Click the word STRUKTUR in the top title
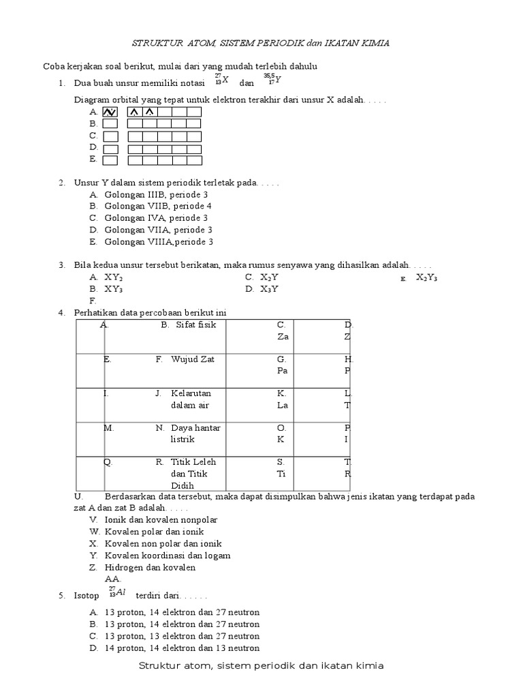pyautogui.click(x=157, y=43)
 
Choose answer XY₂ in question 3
pyautogui.click(x=114, y=277)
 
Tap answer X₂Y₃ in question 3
pyautogui.click(x=426, y=277)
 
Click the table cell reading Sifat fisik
pyautogui.click(x=195, y=324)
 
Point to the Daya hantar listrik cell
pyautogui.click(x=195, y=434)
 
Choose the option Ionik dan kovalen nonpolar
pyautogui.click(x=161, y=519)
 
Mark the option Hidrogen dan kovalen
pyautogui.click(x=150, y=567)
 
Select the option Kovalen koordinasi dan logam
pyautogui.click(x=167, y=555)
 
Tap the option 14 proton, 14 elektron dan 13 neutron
pyautogui.click(x=182, y=648)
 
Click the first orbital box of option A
pyautogui.click(x=110, y=112)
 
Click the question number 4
pyautogui.click(x=61, y=312)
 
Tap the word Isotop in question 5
pyautogui.click(x=86, y=595)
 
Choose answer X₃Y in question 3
pyautogui.click(x=269, y=288)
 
